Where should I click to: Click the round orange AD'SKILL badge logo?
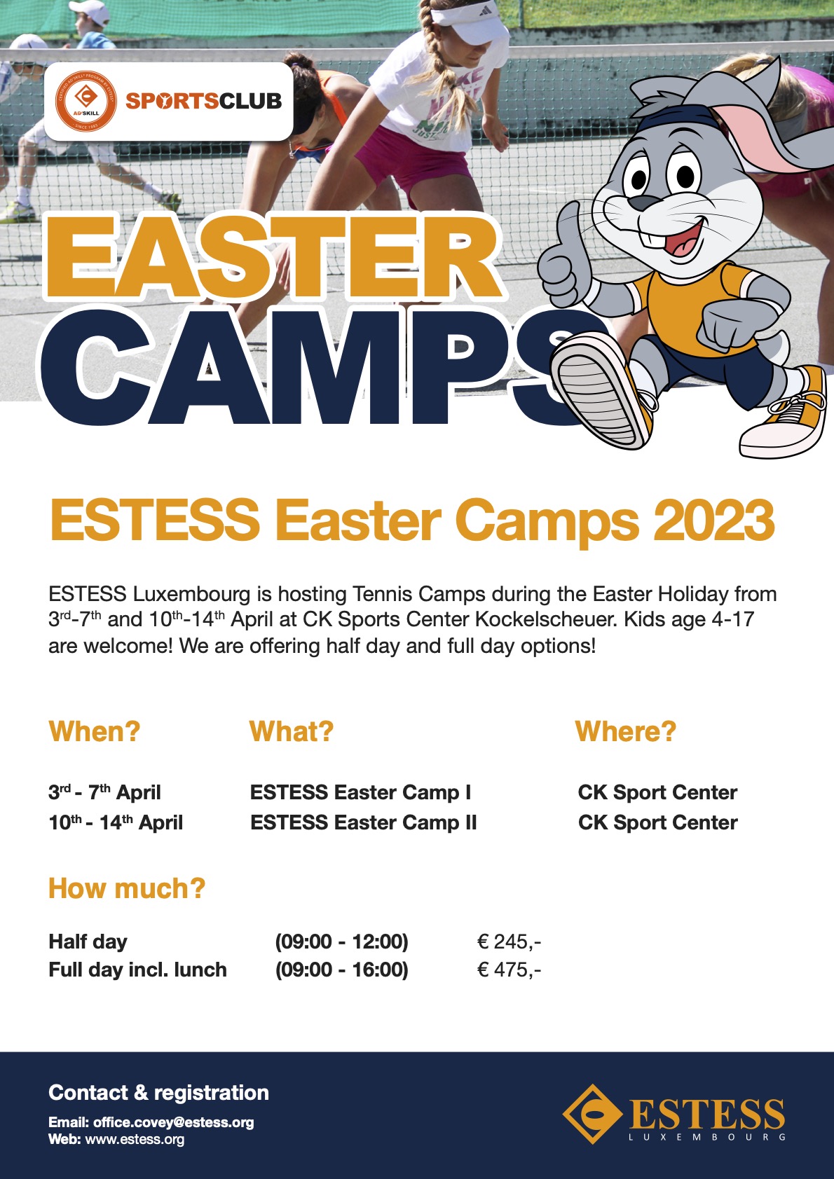pyautogui.click(x=86, y=101)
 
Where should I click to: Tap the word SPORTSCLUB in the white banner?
pyautogui.click(x=203, y=101)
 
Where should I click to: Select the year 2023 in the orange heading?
pyautogui.click(x=713, y=520)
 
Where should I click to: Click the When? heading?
pyautogui.click(x=94, y=731)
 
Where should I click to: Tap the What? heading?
pyautogui.click(x=291, y=731)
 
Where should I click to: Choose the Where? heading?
pyautogui.click(x=625, y=731)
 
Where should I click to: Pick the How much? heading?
pyautogui.click(x=126, y=888)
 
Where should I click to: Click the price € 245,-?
pyautogui.click(x=509, y=941)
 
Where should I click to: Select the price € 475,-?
pyautogui.click(x=509, y=969)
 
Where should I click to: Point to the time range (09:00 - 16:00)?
pyautogui.click(x=341, y=970)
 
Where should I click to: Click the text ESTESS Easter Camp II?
pyautogui.click(x=363, y=822)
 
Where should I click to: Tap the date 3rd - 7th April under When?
pyautogui.click(x=104, y=792)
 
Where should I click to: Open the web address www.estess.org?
pyautogui.click(x=135, y=1140)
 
